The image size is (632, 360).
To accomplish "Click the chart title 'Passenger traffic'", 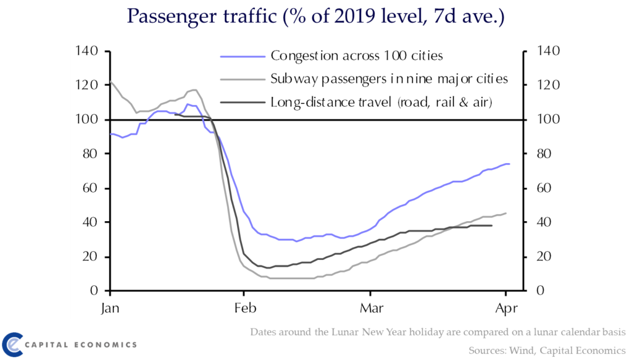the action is coord(202,17).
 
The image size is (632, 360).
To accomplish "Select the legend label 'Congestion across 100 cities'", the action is coord(357,56).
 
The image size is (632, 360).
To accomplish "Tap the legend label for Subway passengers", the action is coord(389,79).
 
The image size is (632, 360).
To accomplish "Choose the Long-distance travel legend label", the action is coord(381,103).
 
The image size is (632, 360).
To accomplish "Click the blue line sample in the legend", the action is coord(243,57).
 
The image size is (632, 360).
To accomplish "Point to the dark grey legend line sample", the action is coord(243,103).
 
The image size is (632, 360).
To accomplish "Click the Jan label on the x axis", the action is coord(110,308).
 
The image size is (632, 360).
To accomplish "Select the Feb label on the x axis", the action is coord(246,308).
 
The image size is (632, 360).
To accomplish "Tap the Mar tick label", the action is coord(372,308).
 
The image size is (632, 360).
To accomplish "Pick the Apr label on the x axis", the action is coord(506,309).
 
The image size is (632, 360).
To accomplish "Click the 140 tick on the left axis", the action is coord(86,51).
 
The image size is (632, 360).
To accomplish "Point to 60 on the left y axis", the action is coord(90,188).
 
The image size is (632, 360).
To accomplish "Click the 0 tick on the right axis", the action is coord(540,291).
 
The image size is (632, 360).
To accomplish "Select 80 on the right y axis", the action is coord(544,154).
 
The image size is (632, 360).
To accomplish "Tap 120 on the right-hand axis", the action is coord(548,85).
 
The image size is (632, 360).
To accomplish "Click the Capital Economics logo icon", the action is coord(12,345).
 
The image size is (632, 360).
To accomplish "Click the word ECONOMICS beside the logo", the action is coord(106,345).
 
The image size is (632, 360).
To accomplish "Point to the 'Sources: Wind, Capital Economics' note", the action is coord(547,351).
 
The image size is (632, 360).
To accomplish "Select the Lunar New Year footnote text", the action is coord(438,332).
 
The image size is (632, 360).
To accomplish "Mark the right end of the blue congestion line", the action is coord(509,164).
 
